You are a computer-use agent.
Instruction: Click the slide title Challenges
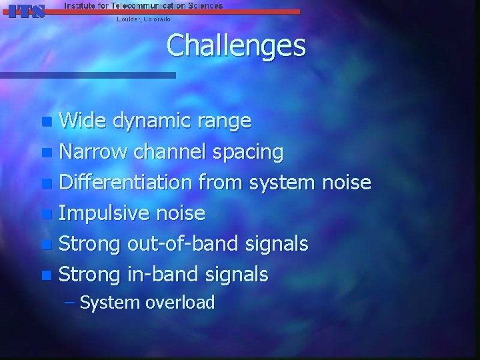click(x=236, y=46)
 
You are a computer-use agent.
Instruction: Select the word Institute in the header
click(x=81, y=5)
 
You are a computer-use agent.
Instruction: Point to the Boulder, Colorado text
click(x=143, y=19)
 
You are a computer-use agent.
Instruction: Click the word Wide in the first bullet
click(x=83, y=121)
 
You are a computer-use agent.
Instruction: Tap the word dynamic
click(x=154, y=121)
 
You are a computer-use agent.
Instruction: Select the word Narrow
click(x=93, y=152)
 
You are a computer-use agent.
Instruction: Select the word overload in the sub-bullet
click(x=180, y=303)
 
